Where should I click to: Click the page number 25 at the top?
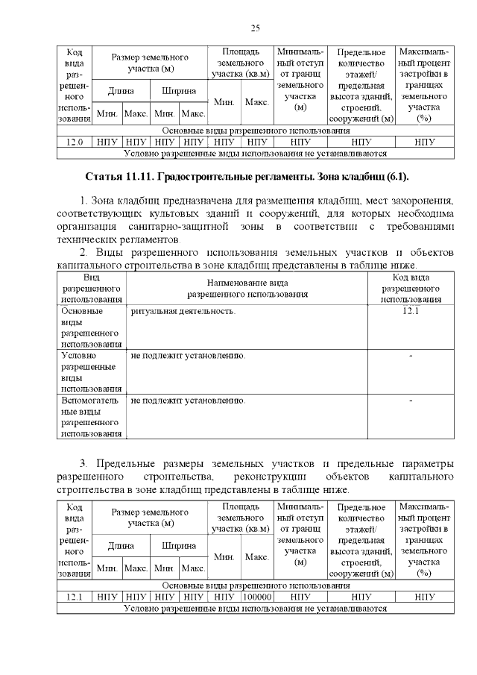pos(255,28)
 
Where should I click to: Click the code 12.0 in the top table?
pos(75,141)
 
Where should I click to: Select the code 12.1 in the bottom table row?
pos(75,597)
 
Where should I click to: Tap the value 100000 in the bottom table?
pos(257,597)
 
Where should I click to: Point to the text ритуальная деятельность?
pos(183,310)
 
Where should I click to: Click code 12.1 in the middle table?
pos(411,310)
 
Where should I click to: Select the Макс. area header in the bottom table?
pos(257,556)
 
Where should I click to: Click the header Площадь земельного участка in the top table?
pos(241,63)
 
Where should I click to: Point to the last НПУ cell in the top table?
pos(425,141)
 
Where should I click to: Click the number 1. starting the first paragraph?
pos(83,202)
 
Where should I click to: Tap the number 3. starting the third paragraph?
pos(83,464)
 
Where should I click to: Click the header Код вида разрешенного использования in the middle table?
pos(411,288)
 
